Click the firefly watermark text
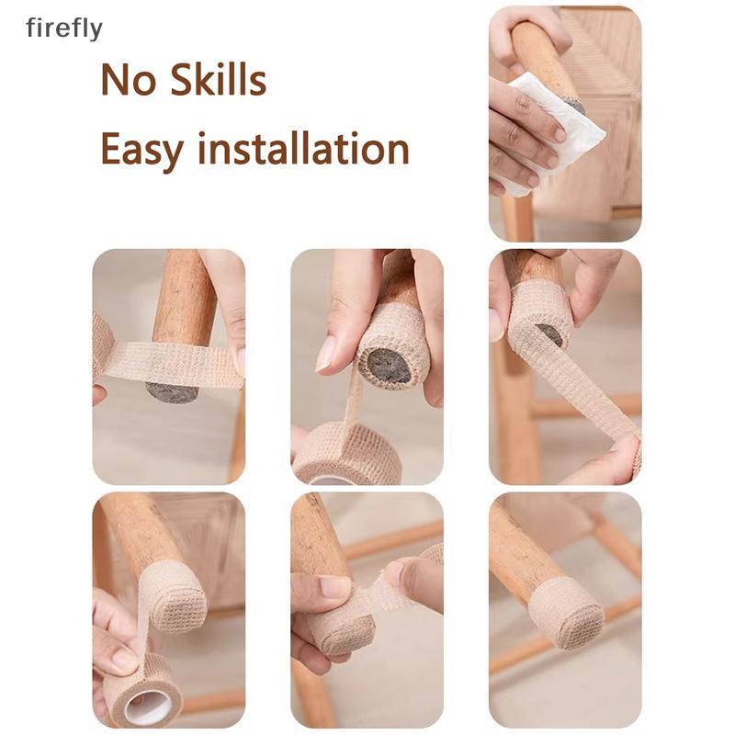(64, 28)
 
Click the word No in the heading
(128, 80)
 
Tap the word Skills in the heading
(218, 79)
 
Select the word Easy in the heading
(141, 150)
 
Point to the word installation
(303, 148)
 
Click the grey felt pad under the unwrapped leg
(172, 392)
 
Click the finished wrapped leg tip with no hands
(566, 612)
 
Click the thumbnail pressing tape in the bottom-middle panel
(334, 587)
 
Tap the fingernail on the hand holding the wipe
(560, 134)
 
